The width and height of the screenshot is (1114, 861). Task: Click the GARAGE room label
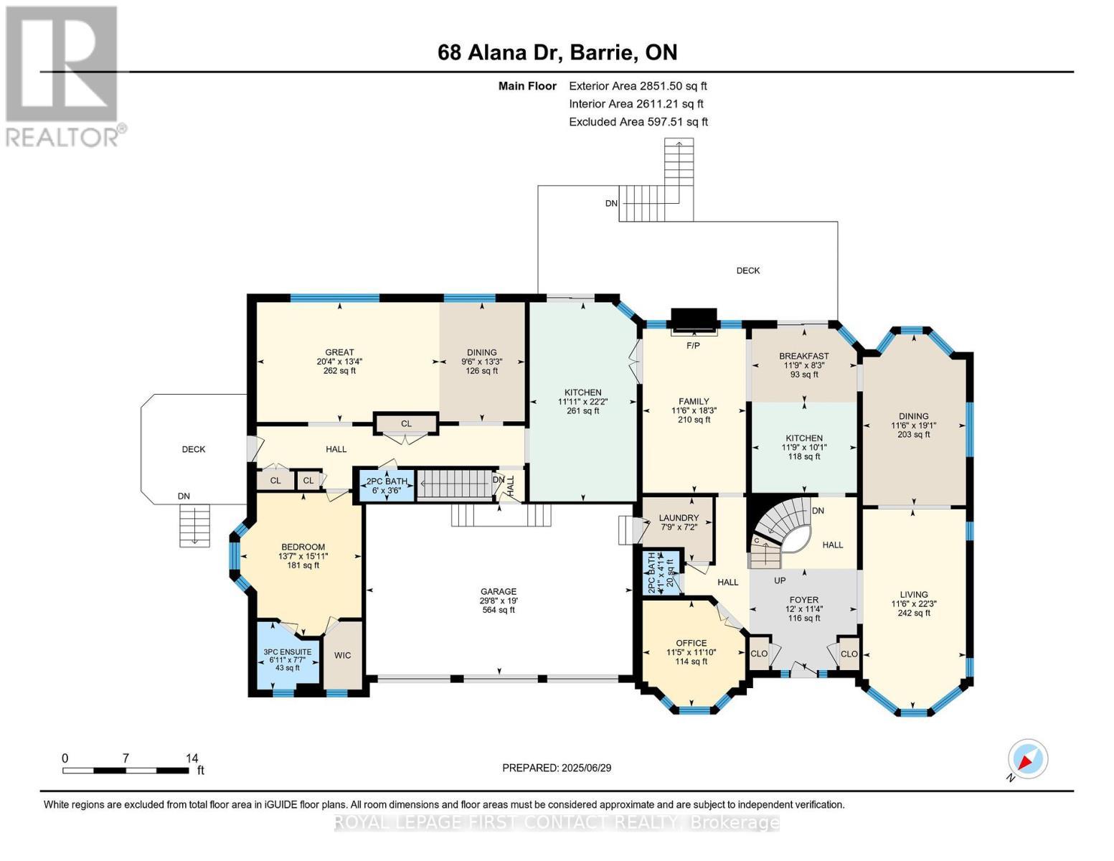point(498,592)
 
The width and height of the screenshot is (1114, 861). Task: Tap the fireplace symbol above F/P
point(693,320)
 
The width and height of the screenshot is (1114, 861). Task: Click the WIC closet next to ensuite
point(343,656)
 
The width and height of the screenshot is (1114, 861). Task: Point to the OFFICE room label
point(691,643)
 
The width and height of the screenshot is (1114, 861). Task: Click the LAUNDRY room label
point(678,518)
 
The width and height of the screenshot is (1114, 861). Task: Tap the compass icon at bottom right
point(1027,759)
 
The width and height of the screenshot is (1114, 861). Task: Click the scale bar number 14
point(192,758)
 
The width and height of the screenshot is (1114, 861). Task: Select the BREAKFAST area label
point(803,356)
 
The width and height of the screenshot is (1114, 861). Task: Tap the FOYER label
point(803,600)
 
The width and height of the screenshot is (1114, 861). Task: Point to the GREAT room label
point(339,352)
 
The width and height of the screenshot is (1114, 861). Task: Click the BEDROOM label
point(303,547)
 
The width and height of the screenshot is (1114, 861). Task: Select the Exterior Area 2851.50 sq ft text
point(638,86)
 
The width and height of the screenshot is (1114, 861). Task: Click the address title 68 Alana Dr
point(557,52)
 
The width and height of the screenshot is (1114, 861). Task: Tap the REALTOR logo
point(63,75)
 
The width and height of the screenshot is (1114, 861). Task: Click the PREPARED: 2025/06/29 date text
point(557,768)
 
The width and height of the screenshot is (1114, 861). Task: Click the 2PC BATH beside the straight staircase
point(387,485)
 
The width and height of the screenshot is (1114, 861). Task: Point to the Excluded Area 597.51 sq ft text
point(638,122)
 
